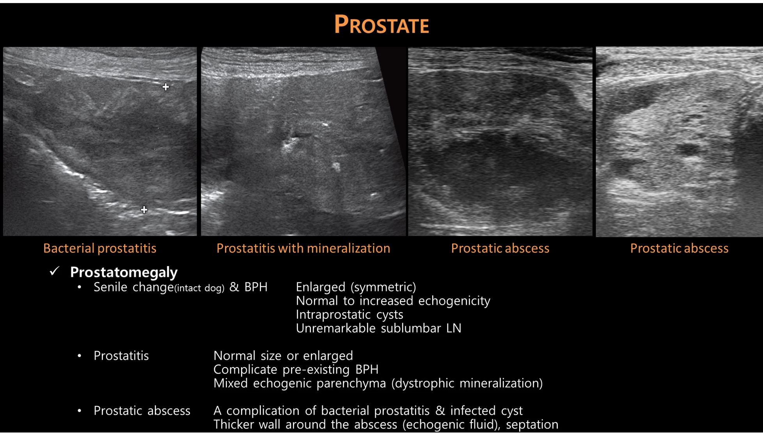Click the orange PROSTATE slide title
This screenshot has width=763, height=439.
pyautogui.click(x=381, y=25)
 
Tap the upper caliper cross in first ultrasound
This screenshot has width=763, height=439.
pyautogui.click(x=166, y=87)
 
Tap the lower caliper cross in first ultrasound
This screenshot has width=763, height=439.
pyautogui.click(x=144, y=210)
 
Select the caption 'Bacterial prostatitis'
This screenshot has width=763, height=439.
pyautogui.click(x=100, y=249)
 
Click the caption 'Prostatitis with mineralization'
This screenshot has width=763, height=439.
pyautogui.click(x=303, y=249)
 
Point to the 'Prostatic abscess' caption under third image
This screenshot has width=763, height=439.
pyautogui.click(x=500, y=249)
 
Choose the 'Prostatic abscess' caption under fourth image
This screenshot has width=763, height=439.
pyautogui.click(x=679, y=249)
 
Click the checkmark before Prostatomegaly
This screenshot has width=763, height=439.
pyautogui.click(x=55, y=271)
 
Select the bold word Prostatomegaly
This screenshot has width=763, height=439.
pyautogui.click(x=124, y=272)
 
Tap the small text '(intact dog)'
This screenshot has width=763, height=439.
pyautogui.click(x=199, y=288)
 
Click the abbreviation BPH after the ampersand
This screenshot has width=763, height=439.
pyautogui.click(x=256, y=287)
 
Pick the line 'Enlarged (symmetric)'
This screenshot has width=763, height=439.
pyautogui.click(x=356, y=287)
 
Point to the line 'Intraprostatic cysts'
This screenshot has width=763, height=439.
pyautogui.click(x=350, y=315)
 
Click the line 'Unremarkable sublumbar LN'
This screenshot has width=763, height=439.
pyautogui.click(x=378, y=328)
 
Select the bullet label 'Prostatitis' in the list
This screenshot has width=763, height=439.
pyautogui.click(x=121, y=356)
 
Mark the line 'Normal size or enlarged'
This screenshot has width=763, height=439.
pyautogui.click(x=283, y=356)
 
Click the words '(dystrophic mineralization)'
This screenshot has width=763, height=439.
pyautogui.click(x=467, y=384)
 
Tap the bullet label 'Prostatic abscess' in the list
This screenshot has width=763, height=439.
pyautogui.click(x=142, y=411)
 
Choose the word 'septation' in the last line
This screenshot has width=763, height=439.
pyautogui.click(x=532, y=425)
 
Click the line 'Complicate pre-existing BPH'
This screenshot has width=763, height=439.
pyautogui.click(x=296, y=370)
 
